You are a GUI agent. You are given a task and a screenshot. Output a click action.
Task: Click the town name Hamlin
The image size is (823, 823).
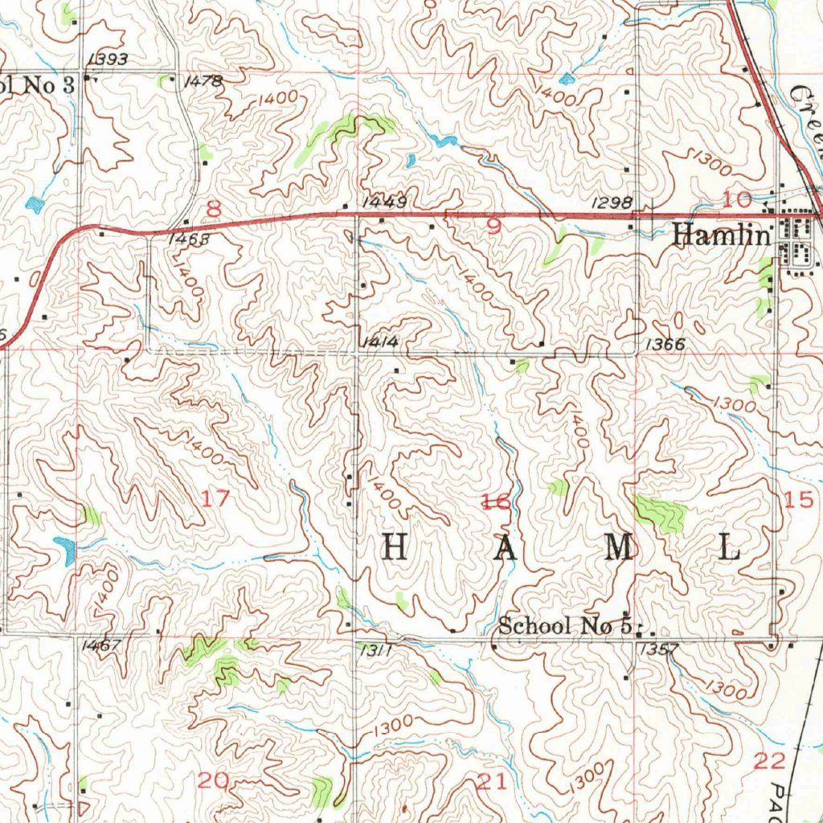721,234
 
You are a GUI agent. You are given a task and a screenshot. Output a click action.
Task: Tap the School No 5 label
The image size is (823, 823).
564,625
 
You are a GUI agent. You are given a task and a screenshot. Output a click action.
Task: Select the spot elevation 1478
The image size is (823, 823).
203,81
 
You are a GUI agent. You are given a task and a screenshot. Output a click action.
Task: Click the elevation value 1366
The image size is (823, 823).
664,344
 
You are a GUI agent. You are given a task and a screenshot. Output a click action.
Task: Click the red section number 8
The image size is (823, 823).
213,210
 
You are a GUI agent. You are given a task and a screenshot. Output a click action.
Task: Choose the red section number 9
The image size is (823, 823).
493,227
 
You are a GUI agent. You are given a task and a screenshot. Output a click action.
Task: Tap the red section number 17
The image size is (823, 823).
215,498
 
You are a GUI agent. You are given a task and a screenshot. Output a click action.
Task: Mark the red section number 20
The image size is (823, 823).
214,780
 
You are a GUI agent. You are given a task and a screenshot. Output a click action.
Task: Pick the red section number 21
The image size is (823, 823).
492,781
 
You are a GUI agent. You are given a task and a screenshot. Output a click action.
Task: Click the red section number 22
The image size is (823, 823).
769,761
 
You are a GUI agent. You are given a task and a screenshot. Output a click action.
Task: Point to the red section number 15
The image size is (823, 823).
799,500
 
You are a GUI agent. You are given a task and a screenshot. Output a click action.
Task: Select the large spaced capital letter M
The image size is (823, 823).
619,548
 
